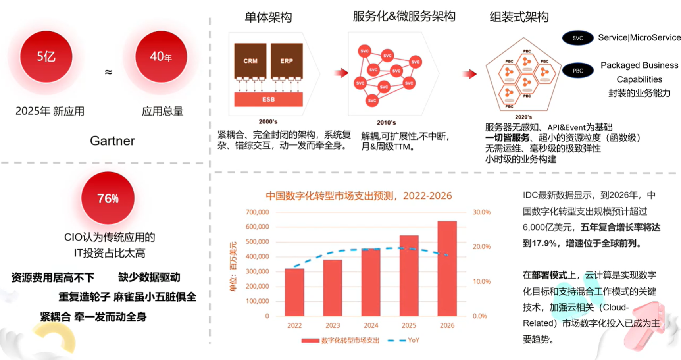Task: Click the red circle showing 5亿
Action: pos(46,57)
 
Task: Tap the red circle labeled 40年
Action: pos(161,57)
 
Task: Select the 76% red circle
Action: pos(108,198)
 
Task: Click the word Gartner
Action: pos(112,141)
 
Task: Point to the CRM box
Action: pos(250,61)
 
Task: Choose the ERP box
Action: pos(287,61)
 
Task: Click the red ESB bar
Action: pos(268,99)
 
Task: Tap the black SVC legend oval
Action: pos(577,38)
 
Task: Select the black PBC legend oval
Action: pos(577,71)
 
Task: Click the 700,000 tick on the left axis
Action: pos(257,212)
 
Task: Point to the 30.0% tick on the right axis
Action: pos(481,212)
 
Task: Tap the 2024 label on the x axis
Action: pos(371,325)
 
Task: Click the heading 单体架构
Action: pos(268,17)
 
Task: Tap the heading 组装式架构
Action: pos(519,17)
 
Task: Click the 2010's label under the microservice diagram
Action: pos(386,123)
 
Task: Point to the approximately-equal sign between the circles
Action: pos(108,72)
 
